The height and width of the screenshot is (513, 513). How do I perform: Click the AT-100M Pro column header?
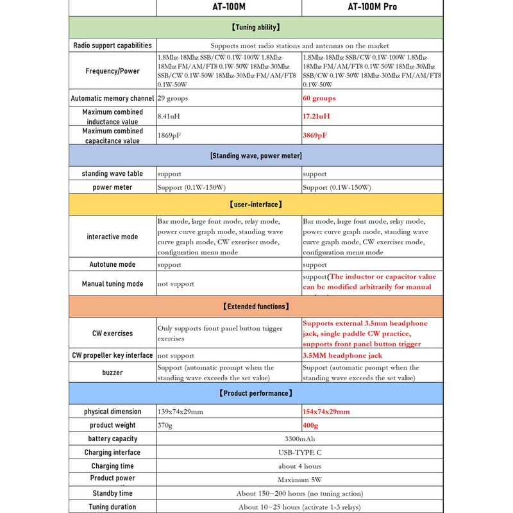373,7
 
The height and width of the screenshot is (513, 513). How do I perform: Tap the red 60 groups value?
319,98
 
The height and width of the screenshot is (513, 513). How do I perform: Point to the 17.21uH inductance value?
316,117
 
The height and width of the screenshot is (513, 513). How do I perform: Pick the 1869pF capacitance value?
171,135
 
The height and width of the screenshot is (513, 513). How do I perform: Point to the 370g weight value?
166,425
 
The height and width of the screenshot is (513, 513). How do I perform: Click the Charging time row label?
112,466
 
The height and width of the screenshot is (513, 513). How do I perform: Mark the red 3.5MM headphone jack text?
342,355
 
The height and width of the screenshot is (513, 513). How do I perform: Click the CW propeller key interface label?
112,355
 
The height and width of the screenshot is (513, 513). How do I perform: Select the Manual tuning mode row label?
112,283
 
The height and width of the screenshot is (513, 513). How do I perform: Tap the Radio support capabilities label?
112,46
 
